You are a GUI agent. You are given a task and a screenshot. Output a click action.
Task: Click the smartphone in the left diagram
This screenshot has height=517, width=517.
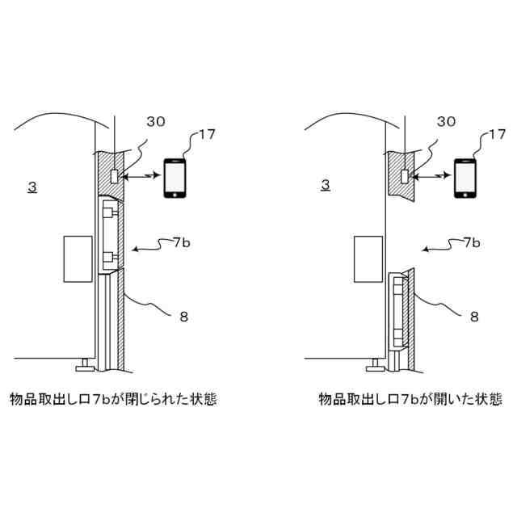175,178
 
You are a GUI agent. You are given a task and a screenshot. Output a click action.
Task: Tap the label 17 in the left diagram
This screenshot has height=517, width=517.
206,134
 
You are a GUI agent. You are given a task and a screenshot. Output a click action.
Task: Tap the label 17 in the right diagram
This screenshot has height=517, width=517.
498,134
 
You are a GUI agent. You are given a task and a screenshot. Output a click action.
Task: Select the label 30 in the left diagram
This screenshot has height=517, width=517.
155,121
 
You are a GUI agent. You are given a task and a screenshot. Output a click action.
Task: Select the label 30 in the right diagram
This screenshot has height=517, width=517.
446,121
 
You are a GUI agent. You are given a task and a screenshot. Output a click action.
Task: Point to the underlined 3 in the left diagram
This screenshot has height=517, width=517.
32,187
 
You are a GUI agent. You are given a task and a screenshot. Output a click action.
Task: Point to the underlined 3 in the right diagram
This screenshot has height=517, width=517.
325,185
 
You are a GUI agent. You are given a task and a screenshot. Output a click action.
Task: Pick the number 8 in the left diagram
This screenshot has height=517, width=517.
183,317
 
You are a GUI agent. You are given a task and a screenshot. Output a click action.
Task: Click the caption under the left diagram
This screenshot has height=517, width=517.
112,399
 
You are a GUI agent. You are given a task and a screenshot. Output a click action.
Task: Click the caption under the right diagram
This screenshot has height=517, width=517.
410,399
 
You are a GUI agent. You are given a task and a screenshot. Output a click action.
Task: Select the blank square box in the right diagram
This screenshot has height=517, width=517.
368,258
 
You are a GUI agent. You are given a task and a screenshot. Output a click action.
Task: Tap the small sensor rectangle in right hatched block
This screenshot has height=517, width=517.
405,175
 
